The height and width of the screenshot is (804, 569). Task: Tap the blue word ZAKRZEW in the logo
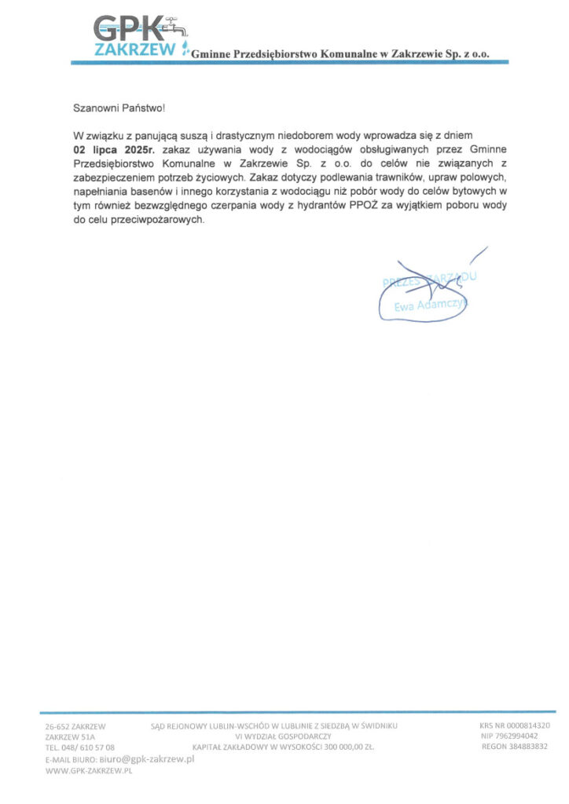[134, 50]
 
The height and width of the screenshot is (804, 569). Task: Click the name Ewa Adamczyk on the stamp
[431, 305]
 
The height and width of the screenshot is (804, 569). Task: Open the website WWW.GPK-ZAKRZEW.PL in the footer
[89, 772]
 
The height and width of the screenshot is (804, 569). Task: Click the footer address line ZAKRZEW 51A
[70, 737]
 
